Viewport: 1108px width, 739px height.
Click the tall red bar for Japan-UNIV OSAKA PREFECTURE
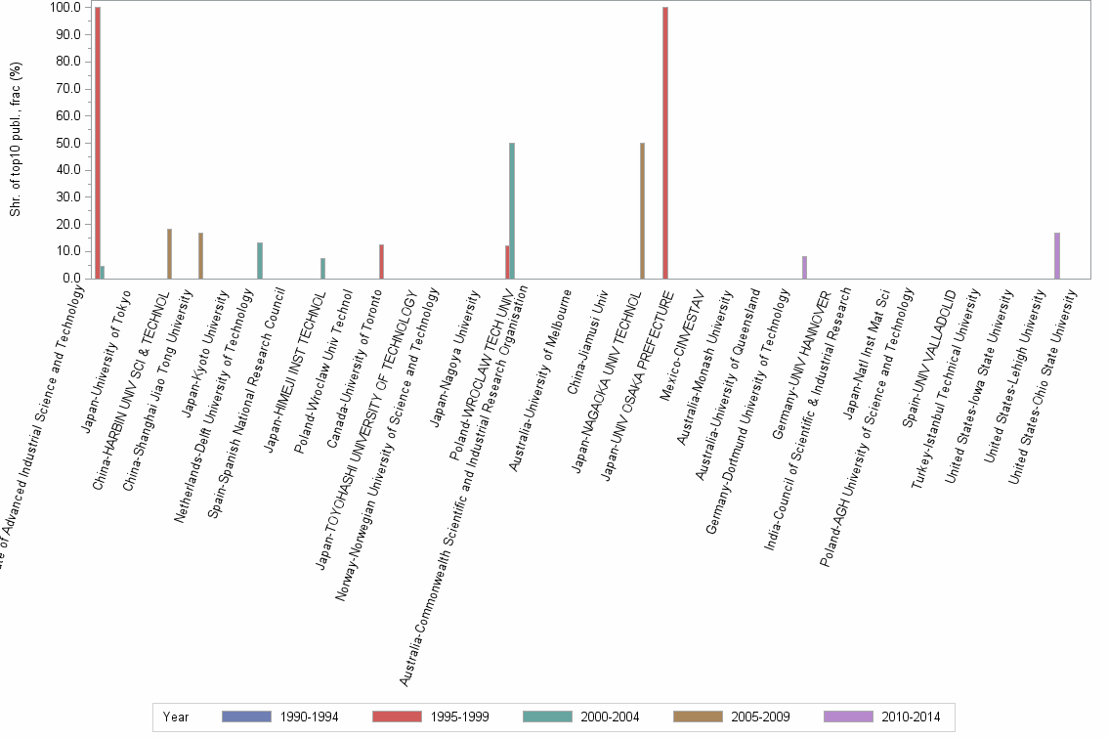(x=665, y=143)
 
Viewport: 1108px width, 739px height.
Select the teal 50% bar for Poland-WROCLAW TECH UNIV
(x=512, y=210)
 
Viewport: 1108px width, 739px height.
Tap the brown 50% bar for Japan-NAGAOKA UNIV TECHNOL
(x=642, y=210)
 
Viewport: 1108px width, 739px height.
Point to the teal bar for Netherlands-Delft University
(x=260, y=260)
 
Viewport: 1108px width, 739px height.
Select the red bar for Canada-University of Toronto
(x=381, y=261)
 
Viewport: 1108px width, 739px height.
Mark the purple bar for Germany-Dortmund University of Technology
(x=804, y=267)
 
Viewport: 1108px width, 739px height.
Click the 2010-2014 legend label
(x=910, y=717)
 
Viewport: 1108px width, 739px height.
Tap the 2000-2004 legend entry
(x=609, y=717)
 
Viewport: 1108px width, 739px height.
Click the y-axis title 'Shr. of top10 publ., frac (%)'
(x=16, y=139)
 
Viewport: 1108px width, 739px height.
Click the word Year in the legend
(x=176, y=717)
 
